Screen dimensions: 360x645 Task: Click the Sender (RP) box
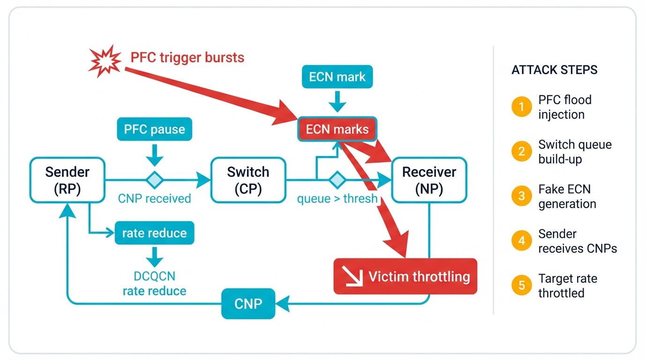click(67, 180)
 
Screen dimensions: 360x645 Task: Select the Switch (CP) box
click(248, 180)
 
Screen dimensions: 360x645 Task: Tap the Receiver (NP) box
click(429, 180)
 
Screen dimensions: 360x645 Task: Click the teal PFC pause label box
click(154, 129)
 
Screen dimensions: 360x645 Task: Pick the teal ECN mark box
click(337, 77)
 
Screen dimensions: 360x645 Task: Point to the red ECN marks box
click(337, 129)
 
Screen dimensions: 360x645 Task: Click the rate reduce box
click(154, 233)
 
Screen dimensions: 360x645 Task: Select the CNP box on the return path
click(248, 304)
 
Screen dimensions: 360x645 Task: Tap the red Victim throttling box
click(405, 277)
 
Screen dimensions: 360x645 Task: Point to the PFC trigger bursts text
click(187, 58)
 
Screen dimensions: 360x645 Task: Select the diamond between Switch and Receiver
click(337, 180)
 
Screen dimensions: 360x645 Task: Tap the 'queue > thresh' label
click(337, 199)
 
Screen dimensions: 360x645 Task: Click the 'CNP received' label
click(154, 199)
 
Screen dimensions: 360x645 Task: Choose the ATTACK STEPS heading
click(554, 70)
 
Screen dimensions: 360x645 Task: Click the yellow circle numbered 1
click(521, 107)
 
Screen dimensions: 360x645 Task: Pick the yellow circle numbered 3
click(521, 197)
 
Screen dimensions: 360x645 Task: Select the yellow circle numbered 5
click(521, 286)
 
